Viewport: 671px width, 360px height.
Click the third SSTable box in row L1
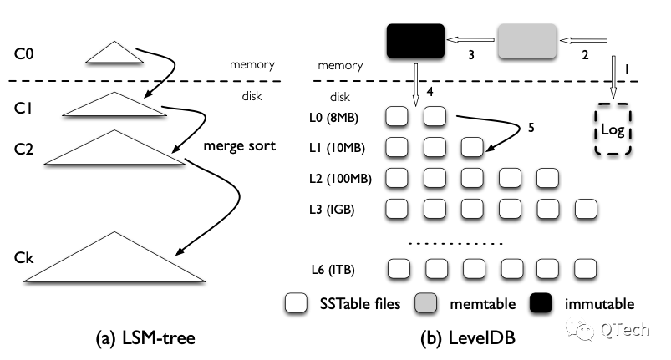(473, 149)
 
